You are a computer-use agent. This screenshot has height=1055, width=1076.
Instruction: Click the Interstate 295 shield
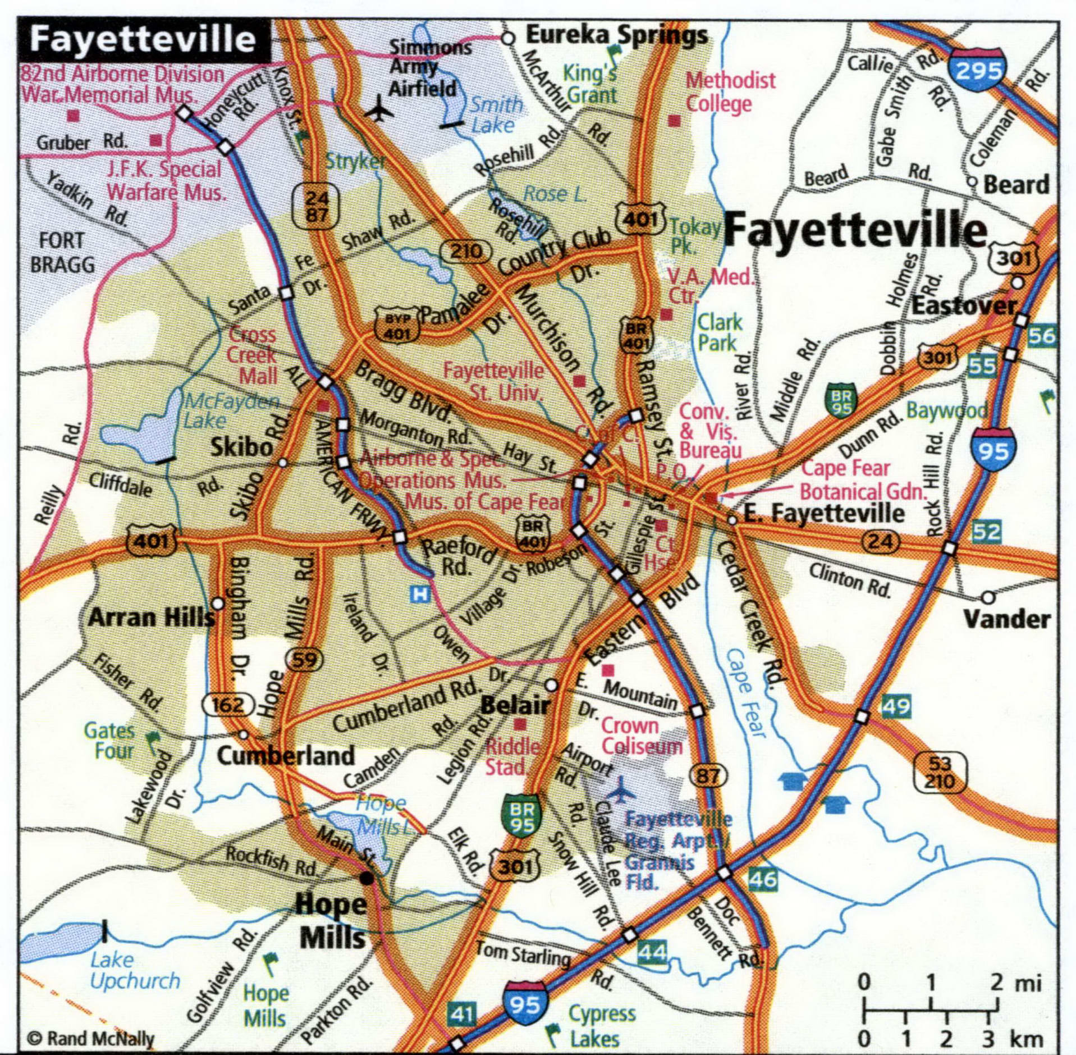point(977,70)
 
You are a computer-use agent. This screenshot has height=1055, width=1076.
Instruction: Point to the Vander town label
point(1006,619)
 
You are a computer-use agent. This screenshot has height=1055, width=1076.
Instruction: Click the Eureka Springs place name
point(616,35)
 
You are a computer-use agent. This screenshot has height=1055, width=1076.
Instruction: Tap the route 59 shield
point(304,659)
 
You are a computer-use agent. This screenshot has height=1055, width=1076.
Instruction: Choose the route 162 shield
point(227,704)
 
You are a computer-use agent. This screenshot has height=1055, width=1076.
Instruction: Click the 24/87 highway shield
point(317,205)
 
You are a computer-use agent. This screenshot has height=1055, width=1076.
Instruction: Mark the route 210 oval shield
point(466,251)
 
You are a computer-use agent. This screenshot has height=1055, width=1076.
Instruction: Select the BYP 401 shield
point(397,324)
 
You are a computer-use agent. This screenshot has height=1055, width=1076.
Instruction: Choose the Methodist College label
point(730,92)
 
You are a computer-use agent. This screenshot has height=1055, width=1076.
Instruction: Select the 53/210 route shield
point(940,772)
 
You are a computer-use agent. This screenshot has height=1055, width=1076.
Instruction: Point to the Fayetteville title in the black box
point(143,39)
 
